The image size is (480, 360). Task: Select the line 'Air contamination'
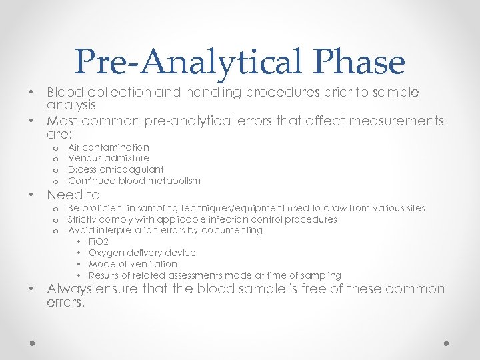coord(109,147)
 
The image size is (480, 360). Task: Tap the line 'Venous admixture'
coord(109,159)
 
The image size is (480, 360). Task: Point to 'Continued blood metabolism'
coord(134,181)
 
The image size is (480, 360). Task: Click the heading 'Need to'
coord(73,195)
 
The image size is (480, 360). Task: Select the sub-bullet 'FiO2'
coord(99,242)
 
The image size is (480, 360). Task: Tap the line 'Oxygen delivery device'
coord(142,253)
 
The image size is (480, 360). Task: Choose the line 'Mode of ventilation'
coord(133,265)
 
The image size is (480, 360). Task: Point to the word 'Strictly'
coord(82,219)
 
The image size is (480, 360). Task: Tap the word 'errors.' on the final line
coord(66,303)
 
